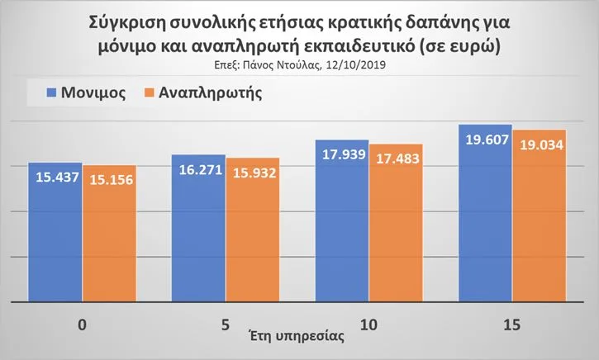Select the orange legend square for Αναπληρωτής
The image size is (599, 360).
150,92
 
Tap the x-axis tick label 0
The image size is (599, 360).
82,325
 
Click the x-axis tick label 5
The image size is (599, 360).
225,325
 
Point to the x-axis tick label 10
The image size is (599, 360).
368,325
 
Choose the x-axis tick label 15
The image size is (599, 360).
512,325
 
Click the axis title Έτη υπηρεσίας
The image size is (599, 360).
297,337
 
